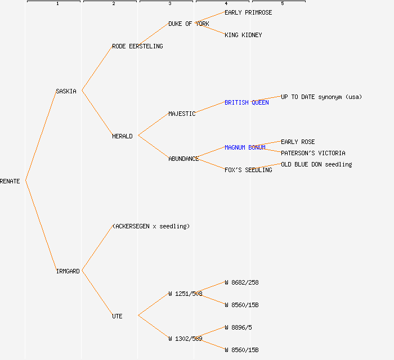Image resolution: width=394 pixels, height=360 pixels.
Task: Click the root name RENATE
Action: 10,181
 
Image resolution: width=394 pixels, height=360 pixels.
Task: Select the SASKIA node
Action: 66,91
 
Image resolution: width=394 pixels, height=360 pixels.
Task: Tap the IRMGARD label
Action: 68,271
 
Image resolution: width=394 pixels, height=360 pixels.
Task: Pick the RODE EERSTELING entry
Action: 137,46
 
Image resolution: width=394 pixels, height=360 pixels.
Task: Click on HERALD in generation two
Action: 122,136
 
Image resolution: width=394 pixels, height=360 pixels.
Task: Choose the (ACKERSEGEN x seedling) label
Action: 151,226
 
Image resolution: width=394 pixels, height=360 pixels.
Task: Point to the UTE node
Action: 117,316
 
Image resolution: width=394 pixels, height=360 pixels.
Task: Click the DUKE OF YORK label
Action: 189,24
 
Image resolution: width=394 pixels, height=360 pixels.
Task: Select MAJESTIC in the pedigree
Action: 182,114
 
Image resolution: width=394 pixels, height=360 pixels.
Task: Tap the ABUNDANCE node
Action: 183,159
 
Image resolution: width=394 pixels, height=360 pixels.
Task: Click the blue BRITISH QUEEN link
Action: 247,102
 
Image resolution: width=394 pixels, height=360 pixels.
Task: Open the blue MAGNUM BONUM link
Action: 245,147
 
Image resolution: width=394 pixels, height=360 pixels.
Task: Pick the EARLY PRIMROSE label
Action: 248,12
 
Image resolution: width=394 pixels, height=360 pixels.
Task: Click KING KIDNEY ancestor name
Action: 243,35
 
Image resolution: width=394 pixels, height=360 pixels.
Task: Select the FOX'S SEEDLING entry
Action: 248,170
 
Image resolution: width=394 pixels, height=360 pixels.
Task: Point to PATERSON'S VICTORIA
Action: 313,153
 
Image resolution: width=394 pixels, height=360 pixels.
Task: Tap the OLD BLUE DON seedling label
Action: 316,164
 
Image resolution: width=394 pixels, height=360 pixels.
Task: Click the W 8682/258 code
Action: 241,282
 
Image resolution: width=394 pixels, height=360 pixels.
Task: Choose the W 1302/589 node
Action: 185,339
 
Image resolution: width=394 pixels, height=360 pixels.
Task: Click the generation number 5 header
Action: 282,4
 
